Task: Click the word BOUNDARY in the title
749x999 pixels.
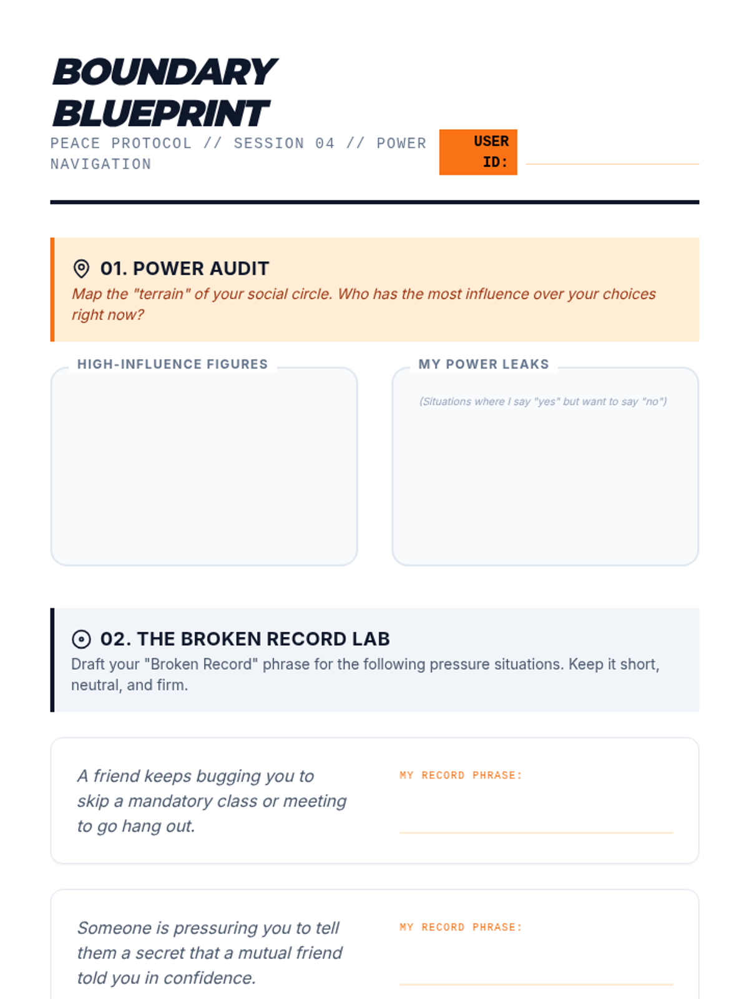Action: (165, 72)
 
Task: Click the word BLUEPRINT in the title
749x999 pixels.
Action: (162, 113)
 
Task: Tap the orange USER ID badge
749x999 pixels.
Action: (478, 152)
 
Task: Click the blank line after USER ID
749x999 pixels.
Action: (612, 164)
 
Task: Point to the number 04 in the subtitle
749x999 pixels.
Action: (325, 144)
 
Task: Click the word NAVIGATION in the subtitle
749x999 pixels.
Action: (100, 164)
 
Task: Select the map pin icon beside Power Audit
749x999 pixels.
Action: (81, 268)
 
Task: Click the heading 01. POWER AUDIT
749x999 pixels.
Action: (185, 268)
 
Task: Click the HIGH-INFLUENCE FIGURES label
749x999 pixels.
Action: (172, 364)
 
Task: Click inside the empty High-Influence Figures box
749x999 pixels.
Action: (204, 469)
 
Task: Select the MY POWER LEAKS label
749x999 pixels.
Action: (484, 364)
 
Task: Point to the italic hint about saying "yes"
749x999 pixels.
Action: (543, 401)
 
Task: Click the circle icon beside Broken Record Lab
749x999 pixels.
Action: (81, 639)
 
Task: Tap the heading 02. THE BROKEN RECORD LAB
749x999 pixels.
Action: (245, 639)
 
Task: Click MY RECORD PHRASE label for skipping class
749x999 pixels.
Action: (461, 775)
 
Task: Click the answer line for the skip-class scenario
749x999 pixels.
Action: (536, 832)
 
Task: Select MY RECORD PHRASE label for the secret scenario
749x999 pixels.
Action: (461, 927)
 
